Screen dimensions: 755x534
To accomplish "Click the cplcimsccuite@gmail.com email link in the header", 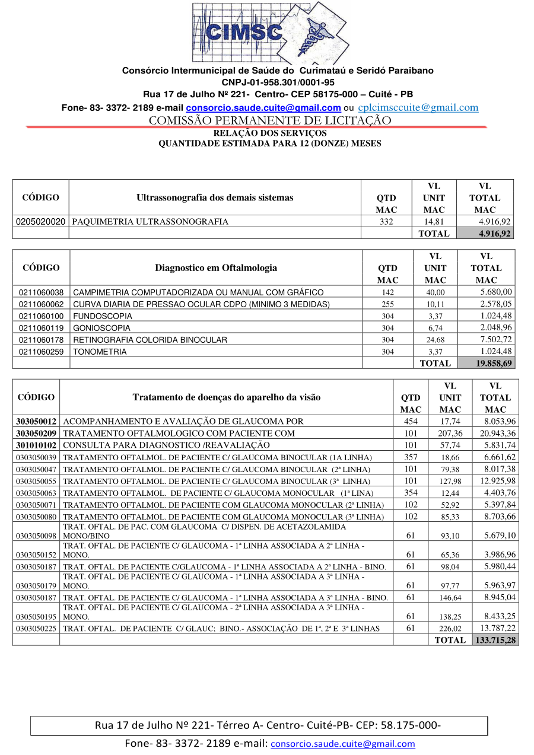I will point(418,107).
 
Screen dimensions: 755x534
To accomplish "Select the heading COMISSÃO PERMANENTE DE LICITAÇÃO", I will point(270,120).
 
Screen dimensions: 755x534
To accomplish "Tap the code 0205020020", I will point(40,221).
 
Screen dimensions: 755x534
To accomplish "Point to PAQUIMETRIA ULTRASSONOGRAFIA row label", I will point(151,221).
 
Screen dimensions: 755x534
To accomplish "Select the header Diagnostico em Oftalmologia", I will point(216,267).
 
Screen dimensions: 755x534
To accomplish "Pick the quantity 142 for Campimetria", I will point(388,292).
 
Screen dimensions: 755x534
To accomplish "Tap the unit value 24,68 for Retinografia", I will point(436,340).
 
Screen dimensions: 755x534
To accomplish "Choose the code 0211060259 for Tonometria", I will point(41,352).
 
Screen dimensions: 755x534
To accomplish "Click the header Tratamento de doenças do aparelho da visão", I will point(227,397).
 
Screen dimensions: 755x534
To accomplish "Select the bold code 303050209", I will point(36,434).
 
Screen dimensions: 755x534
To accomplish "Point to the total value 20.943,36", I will point(497,434).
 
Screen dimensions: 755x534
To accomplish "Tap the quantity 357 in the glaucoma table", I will point(411,457).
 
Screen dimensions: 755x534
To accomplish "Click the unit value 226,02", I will point(450,629).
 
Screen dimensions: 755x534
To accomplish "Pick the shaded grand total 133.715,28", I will point(495,640).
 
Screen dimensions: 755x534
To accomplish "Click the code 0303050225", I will point(36,629).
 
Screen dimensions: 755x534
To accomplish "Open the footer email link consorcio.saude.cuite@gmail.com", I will point(343,744).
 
